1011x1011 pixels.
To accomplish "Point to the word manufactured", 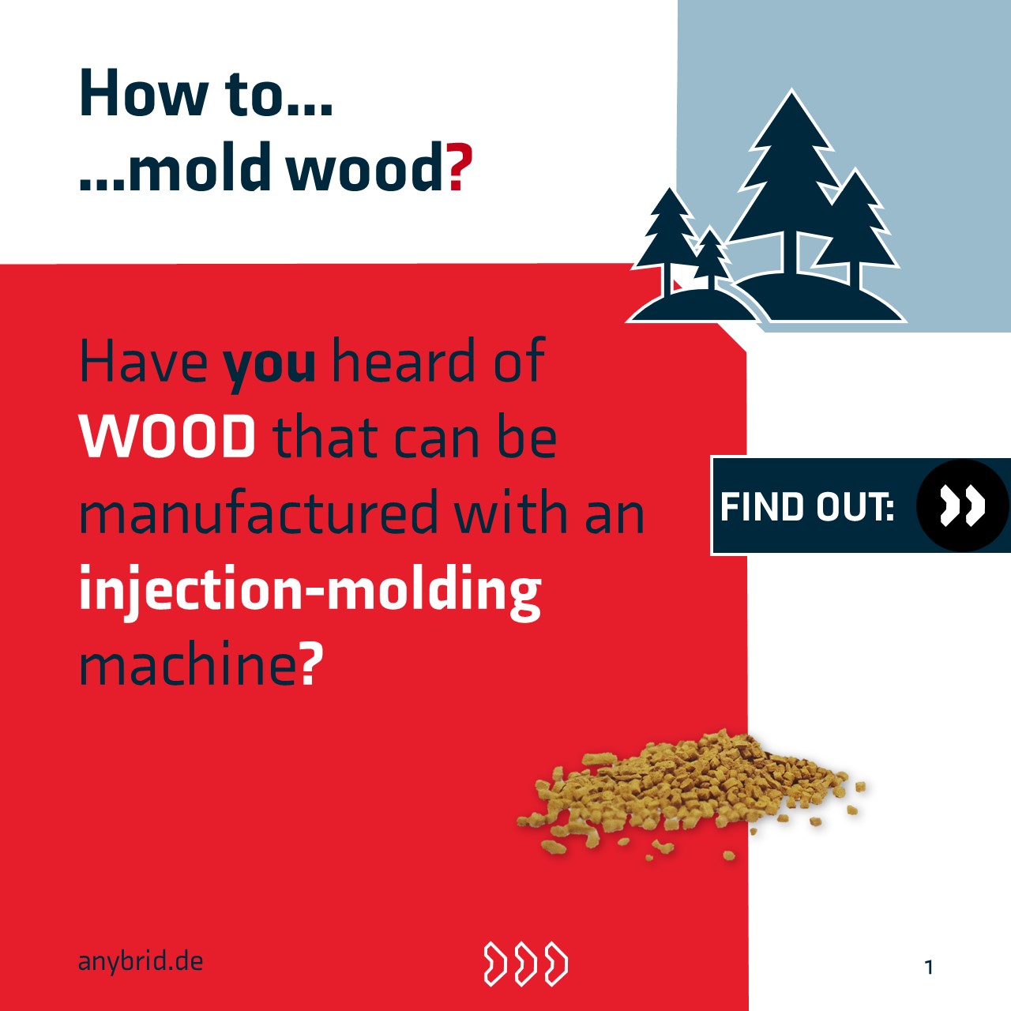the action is click(258, 512).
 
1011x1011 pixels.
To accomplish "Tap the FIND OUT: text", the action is click(807, 507).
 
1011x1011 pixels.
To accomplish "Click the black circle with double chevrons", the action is click(963, 505).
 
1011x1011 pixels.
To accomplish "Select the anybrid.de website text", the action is click(141, 962).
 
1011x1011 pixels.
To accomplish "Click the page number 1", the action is click(929, 967).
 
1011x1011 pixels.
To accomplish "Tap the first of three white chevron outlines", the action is click(495, 964).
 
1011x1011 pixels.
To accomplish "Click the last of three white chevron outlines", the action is click(556, 964).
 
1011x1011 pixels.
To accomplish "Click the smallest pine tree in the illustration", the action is click(710, 257).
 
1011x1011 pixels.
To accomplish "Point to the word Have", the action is click(143, 362).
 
